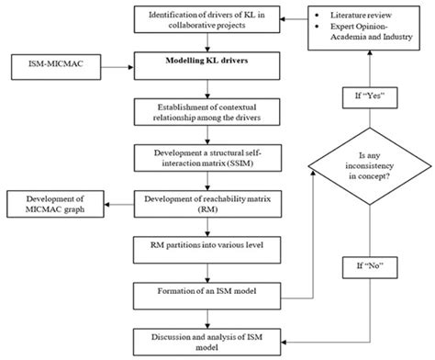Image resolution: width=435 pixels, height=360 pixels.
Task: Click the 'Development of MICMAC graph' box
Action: click(50, 204)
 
